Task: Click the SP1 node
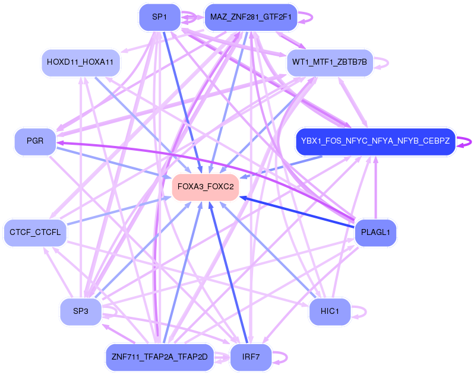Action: pyautogui.click(x=159, y=17)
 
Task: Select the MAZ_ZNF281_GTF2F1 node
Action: pyautogui.click(x=250, y=17)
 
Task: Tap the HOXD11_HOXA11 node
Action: pyautogui.click(x=81, y=62)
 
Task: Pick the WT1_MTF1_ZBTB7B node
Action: pyautogui.click(x=330, y=62)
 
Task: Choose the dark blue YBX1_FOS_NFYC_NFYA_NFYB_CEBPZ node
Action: pyautogui.click(x=375, y=142)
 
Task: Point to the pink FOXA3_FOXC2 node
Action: pyautogui.click(x=205, y=187)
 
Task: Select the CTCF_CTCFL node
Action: pyautogui.click(x=35, y=232)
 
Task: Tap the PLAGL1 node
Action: pyautogui.click(x=375, y=232)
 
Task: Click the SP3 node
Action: pyautogui.click(x=81, y=312)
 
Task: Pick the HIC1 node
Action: pyautogui.click(x=330, y=312)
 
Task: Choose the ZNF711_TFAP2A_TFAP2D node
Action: pyautogui.click(x=159, y=357)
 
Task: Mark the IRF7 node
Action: pyautogui.click(x=250, y=357)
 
